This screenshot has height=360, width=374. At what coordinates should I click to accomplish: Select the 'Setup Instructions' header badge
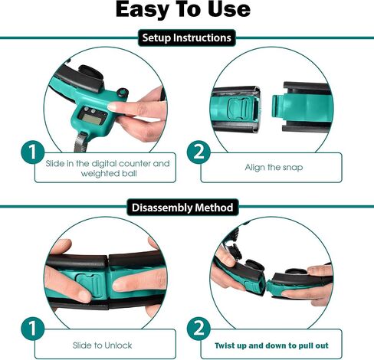[x=187, y=37]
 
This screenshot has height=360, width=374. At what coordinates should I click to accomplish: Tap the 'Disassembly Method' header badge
[x=187, y=207]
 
